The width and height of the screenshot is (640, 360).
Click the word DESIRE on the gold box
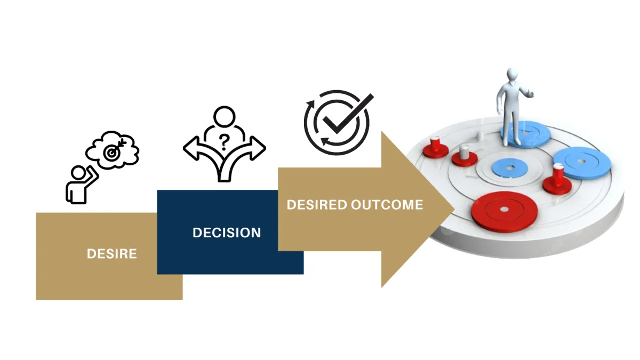point(111,254)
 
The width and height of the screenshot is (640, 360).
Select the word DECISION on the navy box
point(227,233)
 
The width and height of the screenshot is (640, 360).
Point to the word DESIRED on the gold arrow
point(317,205)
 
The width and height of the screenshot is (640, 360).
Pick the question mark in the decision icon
point(225,141)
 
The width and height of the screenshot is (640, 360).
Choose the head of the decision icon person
point(224,116)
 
